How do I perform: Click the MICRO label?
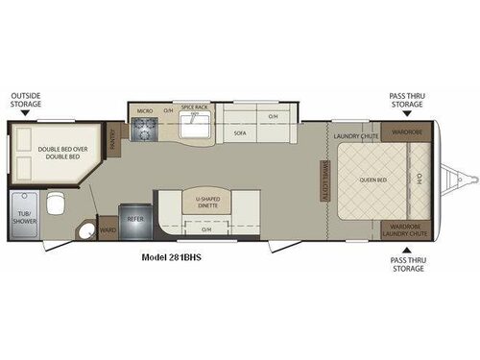click(144, 111)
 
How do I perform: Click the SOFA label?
click(242, 134)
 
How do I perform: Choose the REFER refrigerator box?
click(134, 219)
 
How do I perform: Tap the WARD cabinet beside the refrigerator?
click(108, 230)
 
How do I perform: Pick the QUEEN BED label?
click(372, 179)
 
